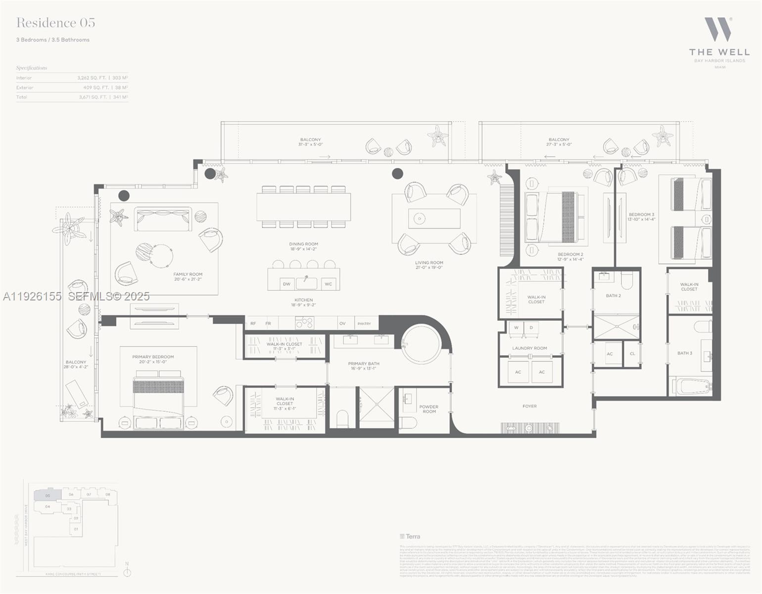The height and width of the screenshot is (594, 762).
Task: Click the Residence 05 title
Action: pos(55,23)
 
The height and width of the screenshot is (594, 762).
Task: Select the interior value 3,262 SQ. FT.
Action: pos(92,78)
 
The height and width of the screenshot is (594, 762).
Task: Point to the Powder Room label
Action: pos(429,409)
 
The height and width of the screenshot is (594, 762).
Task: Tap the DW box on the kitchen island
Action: pos(286,284)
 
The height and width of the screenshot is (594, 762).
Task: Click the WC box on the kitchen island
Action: pos(328,284)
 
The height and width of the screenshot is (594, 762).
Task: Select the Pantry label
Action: pos(364,324)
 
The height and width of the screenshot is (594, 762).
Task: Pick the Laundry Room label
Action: pos(529,348)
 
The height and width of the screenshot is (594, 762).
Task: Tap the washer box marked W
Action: pos(516,328)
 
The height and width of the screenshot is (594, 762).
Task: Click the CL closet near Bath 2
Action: pos(632,353)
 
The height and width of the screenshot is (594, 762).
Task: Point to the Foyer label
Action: pos(529,406)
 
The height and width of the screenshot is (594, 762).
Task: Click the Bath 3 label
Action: pos(684,353)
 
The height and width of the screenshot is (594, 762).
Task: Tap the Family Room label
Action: pos(188,277)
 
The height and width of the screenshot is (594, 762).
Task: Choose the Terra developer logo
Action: pos(410,536)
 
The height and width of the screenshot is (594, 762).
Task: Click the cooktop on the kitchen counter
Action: pos(304,323)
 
